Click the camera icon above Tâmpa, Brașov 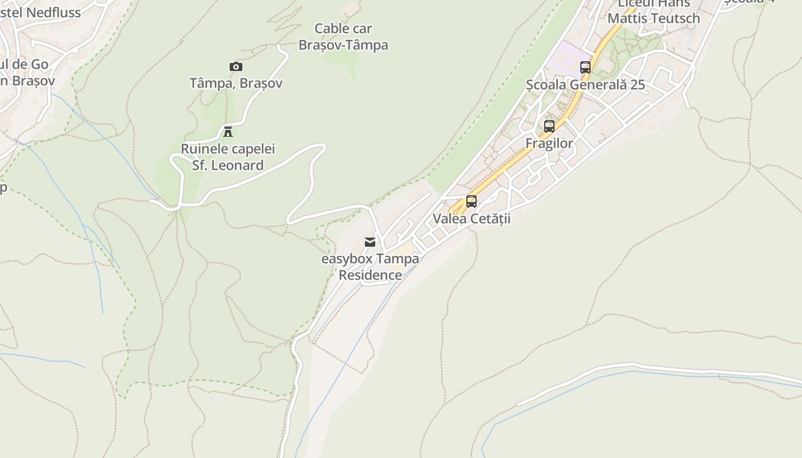pos(235,67)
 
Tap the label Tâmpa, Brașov pos(236,83)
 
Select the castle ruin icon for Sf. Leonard pos(228,132)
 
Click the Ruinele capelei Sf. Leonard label pos(228,157)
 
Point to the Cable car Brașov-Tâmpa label pos(343,37)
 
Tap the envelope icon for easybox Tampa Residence pos(370,242)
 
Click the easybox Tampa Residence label pos(370,267)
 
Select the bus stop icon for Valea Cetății pos(471,202)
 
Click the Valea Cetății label pos(471,218)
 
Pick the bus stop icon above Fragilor pos(549,127)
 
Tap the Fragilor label pos(549,143)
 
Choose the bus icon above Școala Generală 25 pos(585,68)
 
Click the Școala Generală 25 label pos(585,85)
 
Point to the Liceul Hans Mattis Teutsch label pos(654,11)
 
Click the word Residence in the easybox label pos(370,275)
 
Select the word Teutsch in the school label pos(678,18)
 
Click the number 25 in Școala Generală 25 pos(637,85)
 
